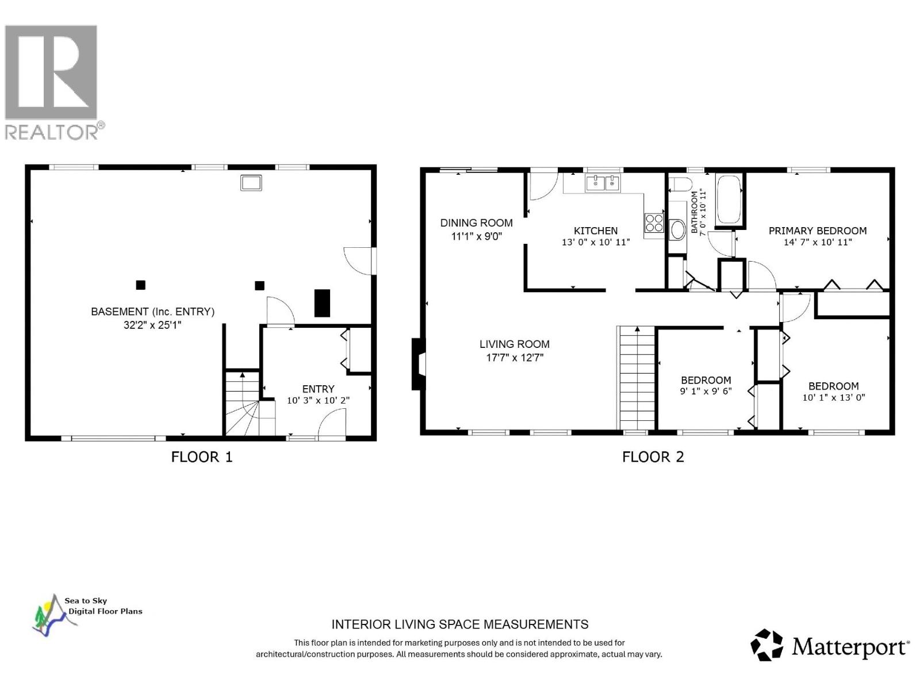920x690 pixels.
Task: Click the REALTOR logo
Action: (x=55, y=82)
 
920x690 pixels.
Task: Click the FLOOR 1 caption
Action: (x=202, y=457)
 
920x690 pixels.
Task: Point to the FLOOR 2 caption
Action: (x=653, y=457)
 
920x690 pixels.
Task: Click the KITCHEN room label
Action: (x=596, y=231)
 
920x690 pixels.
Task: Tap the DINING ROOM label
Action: (x=476, y=223)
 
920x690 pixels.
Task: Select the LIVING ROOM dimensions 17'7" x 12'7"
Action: (x=515, y=357)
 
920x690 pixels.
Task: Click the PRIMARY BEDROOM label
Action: (x=817, y=231)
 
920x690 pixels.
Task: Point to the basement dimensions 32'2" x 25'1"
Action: (x=152, y=325)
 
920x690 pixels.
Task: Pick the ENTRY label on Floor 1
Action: (x=318, y=389)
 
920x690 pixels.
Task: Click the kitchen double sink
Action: (x=603, y=183)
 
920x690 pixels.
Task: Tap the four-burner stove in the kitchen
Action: (x=654, y=223)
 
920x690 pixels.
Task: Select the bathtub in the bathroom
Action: (x=729, y=200)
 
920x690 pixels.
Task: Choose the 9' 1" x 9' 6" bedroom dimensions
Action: (x=706, y=392)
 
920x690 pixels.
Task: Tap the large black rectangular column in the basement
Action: (x=322, y=303)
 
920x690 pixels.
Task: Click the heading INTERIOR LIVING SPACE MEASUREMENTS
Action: (x=460, y=624)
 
